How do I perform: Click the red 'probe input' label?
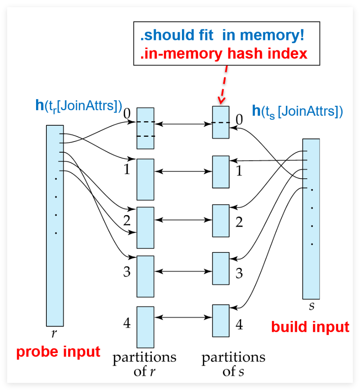pyautogui.click(x=58, y=352)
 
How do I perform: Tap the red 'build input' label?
pyautogui.click(x=310, y=327)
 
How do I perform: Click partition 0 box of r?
pyautogui.click(x=146, y=128)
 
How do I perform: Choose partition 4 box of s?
pyautogui.click(x=220, y=320)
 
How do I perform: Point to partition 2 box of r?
pyautogui.click(x=146, y=227)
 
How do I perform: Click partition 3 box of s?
pyautogui.click(x=220, y=268)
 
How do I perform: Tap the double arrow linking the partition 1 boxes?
pyautogui.click(x=183, y=172)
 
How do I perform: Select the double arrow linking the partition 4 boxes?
pyautogui.click(x=183, y=317)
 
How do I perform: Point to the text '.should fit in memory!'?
pyautogui.click(x=222, y=35)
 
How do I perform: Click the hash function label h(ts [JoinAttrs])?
pyautogui.click(x=297, y=111)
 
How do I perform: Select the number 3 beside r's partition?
pyautogui.click(x=127, y=272)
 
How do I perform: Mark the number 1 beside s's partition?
pyautogui.click(x=239, y=172)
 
